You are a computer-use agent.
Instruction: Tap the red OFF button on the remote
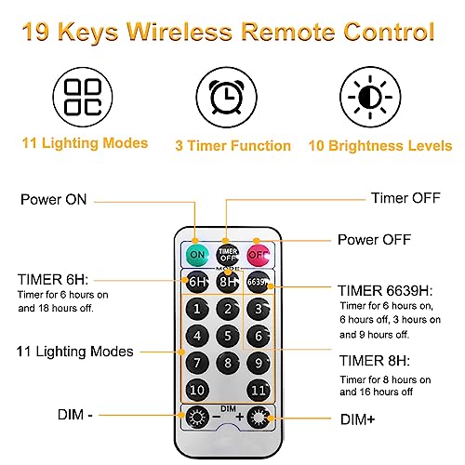(x=259, y=255)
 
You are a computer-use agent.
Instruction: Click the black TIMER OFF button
(x=228, y=255)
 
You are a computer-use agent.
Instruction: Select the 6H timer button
(x=197, y=282)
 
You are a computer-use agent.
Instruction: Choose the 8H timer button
(x=228, y=282)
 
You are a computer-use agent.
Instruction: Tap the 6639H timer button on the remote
(x=259, y=282)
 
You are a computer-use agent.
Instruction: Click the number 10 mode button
(x=197, y=390)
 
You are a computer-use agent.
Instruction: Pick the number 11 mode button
(x=259, y=390)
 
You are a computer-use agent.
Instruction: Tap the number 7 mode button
(x=197, y=363)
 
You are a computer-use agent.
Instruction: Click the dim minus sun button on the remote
(x=197, y=417)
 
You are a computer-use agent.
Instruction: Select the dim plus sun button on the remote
(x=259, y=417)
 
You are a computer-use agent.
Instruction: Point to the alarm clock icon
(x=227, y=97)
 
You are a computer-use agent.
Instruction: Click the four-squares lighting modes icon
(x=83, y=97)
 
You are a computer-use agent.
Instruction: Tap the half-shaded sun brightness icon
(x=370, y=97)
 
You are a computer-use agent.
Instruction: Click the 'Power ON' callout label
(x=54, y=199)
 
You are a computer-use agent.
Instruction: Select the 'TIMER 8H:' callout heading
(x=375, y=361)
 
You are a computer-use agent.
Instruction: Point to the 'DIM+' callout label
(x=358, y=419)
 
